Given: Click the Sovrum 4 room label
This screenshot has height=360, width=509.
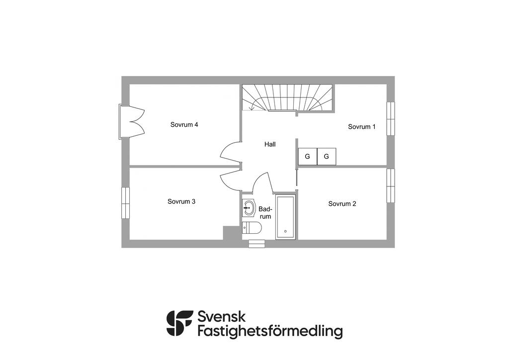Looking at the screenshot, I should [x=184, y=125].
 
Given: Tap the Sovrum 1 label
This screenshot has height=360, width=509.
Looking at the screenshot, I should [x=361, y=127].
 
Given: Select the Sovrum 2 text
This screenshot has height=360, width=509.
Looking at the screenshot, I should [x=342, y=204].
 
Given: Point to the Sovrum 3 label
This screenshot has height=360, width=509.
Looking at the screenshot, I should [x=181, y=202].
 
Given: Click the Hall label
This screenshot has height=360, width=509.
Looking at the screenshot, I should [x=270, y=144].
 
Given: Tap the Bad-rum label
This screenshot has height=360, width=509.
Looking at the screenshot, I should [x=265, y=213].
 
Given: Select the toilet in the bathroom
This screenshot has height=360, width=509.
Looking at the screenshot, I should [x=252, y=228].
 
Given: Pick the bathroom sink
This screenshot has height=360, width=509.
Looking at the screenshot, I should [x=249, y=208].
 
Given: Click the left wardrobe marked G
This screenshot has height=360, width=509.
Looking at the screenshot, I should [x=307, y=157].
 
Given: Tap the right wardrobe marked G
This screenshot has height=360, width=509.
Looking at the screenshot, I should [x=327, y=157].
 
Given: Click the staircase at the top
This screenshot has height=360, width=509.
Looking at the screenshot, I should [x=287, y=97].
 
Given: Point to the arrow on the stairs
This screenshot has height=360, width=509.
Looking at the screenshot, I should [x=254, y=106].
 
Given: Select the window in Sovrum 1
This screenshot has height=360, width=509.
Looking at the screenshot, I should [x=391, y=118].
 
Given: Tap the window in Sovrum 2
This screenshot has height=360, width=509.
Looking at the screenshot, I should [x=391, y=185].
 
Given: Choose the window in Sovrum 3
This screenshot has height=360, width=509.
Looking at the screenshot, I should [x=126, y=203].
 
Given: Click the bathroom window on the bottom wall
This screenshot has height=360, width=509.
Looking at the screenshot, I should [x=257, y=243].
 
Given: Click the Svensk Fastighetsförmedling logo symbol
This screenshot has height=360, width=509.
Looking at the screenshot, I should [x=179, y=323].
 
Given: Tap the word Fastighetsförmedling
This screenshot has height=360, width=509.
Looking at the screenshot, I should [x=270, y=331].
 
